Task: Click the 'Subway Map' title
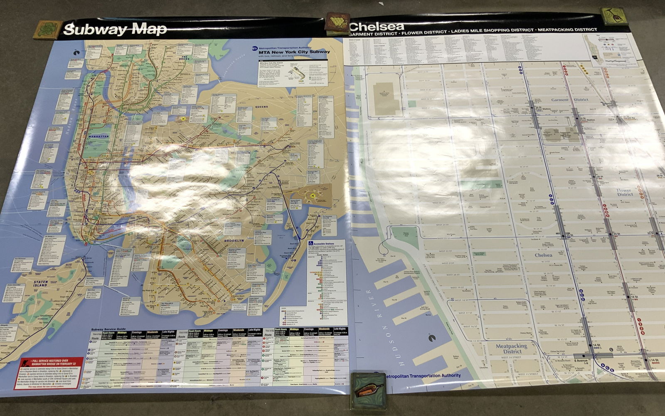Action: click(115, 29)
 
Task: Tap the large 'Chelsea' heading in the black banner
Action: click(370, 26)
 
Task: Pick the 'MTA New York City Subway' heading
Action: click(294, 52)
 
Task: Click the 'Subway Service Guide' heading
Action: click(108, 329)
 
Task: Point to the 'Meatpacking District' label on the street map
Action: click(511, 349)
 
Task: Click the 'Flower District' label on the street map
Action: click(624, 192)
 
